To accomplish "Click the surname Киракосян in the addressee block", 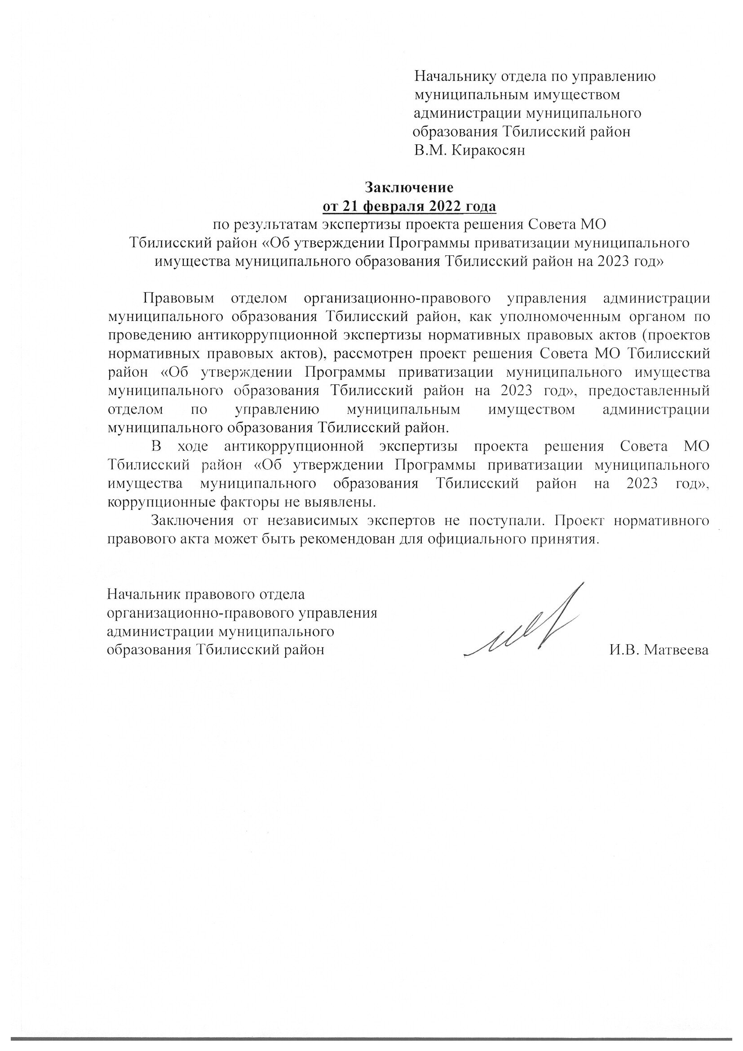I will [488, 151].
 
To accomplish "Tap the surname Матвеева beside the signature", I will [676, 650].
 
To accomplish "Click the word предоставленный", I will [646, 391].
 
